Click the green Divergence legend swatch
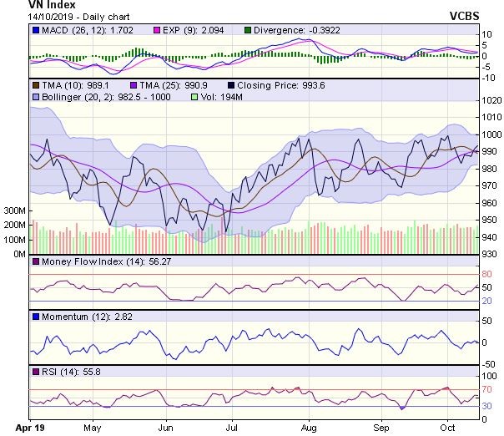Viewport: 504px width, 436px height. [x=247, y=32]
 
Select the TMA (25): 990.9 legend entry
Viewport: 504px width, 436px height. [x=161, y=85]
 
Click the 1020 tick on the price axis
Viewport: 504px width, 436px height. [x=491, y=101]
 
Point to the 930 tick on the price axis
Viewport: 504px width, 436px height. [x=491, y=254]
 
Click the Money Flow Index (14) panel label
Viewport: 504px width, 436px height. [x=86, y=262]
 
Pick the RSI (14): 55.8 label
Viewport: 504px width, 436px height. [x=61, y=370]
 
